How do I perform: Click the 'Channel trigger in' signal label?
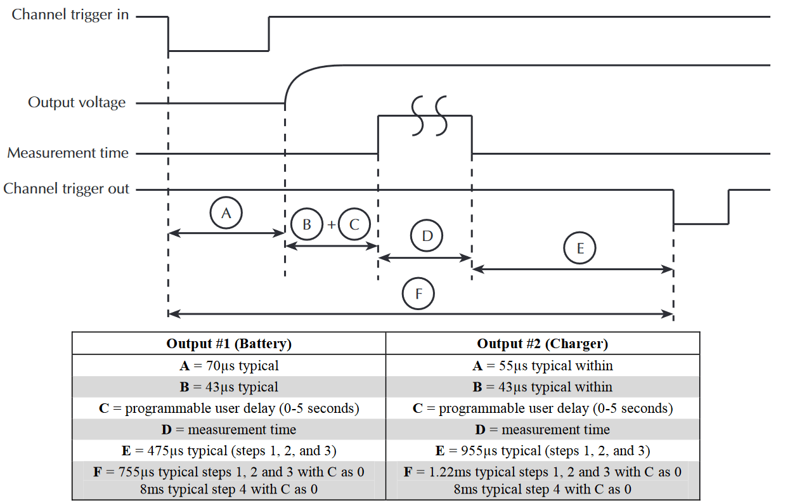[x=70, y=15]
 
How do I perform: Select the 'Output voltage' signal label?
[x=77, y=103]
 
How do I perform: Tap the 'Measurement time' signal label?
[x=68, y=153]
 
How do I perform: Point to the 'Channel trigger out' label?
[x=67, y=189]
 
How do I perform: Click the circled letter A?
[x=226, y=214]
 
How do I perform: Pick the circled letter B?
[x=307, y=224]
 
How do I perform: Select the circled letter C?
[x=354, y=224]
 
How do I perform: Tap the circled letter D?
[x=427, y=236]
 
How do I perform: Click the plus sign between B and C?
[x=331, y=224]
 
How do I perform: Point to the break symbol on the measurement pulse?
[x=429, y=115]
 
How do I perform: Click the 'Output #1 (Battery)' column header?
[x=229, y=344]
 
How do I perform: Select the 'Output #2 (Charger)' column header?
[x=543, y=344]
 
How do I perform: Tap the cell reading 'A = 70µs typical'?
[x=229, y=365]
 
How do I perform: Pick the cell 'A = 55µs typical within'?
[x=543, y=365]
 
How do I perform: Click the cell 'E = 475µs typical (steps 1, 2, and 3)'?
[x=229, y=451]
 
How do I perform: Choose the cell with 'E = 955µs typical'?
[x=543, y=451]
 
